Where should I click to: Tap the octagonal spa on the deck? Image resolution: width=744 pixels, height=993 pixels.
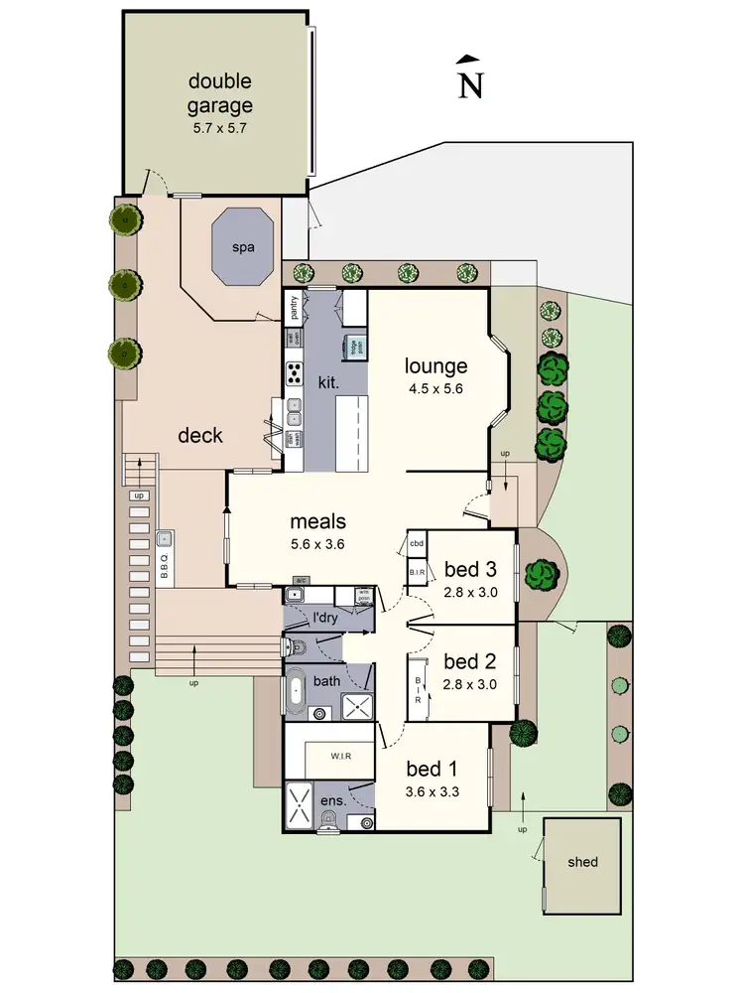[243, 248]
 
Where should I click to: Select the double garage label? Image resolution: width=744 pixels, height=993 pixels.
[220, 92]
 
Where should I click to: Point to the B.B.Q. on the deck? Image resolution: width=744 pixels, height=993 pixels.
[165, 558]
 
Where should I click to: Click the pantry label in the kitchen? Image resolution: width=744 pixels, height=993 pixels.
[294, 309]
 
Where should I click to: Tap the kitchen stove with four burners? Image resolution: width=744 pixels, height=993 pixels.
[295, 374]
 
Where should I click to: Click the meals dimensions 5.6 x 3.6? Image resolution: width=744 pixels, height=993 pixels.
[317, 543]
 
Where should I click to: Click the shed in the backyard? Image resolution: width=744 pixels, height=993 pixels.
[582, 862]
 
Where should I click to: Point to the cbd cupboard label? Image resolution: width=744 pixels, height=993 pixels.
[417, 544]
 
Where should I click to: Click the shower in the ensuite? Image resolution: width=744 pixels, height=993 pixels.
[299, 804]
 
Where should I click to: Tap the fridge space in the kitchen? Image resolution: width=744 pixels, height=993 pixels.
[351, 347]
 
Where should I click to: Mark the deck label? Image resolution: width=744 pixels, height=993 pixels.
[199, 436]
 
